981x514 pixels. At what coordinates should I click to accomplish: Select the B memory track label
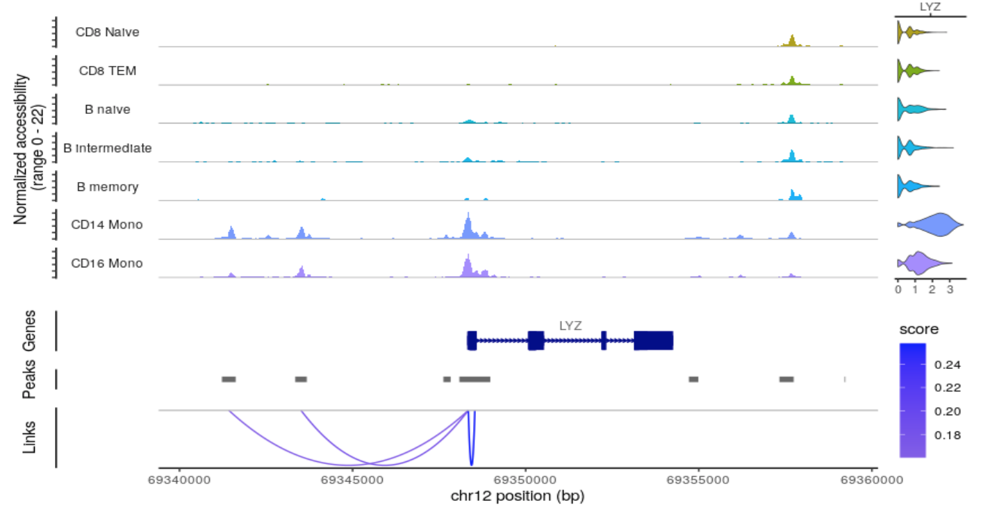coord(108,187)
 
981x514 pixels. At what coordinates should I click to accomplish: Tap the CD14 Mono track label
coord(107,224)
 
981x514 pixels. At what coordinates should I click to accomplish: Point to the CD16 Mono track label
coord(107,263)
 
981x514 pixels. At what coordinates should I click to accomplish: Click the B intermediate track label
coord(107,148)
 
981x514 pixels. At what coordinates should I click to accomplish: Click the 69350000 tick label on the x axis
coord(526,480)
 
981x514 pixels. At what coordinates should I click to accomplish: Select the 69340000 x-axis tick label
coord(180,480)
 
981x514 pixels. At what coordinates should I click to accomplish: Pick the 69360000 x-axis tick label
coord(873,480)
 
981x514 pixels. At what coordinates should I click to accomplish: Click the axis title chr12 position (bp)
coord(518,497)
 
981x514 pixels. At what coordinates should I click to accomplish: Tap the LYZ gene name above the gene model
coord(570,324)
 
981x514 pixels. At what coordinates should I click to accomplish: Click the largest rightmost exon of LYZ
coord(653,340)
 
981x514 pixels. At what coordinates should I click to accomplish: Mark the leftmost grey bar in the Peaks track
coord(229,379)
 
